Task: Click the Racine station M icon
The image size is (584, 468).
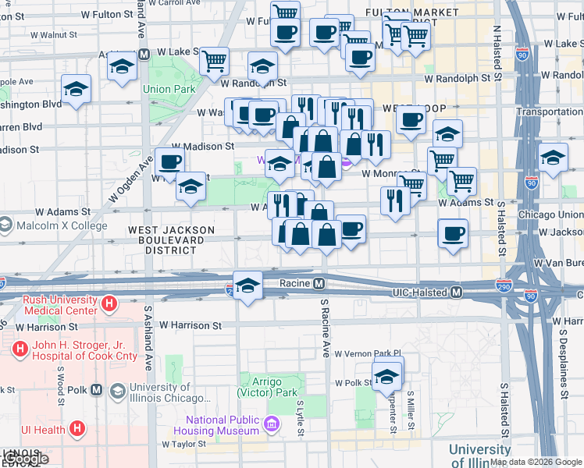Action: coord(319,283)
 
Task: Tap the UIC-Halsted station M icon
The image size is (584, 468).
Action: coord(457,292)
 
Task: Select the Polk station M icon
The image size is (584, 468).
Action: coord(97,389)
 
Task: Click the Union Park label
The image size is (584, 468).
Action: coord(169,89)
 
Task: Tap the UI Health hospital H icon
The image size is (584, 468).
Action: coord(77,428)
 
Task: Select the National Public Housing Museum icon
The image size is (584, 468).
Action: coord(272,424)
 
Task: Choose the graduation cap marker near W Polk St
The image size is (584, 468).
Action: coord(386,376)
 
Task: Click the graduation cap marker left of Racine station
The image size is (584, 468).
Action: coord(247,284)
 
